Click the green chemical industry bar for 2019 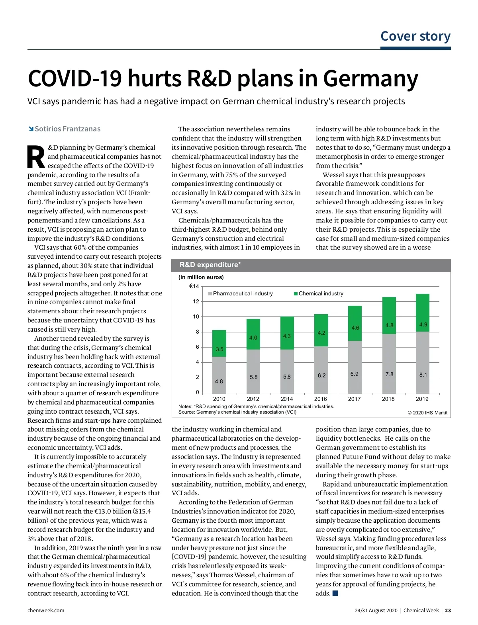(x=422, y=313)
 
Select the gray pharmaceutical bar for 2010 (x=219, y=374)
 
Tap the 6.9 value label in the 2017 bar (x=355, y=374)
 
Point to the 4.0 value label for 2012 (x=253, y=338)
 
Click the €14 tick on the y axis (x=194, y=286)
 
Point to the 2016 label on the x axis (x=320, y=399)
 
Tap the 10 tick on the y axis (x=196, y=316)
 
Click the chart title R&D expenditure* (x=210, y=265)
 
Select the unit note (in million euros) (x=201, y=277)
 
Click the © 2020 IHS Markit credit (x=427, y=412)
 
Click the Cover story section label (x=415, y=36)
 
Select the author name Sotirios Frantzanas (x=67, y=129)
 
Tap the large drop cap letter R (x=36, y=157)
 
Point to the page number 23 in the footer (x=448, y=610)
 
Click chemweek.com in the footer (x=46, y=610)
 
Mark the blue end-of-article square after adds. (x=335, y=593)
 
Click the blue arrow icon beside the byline (x=31, y=129)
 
